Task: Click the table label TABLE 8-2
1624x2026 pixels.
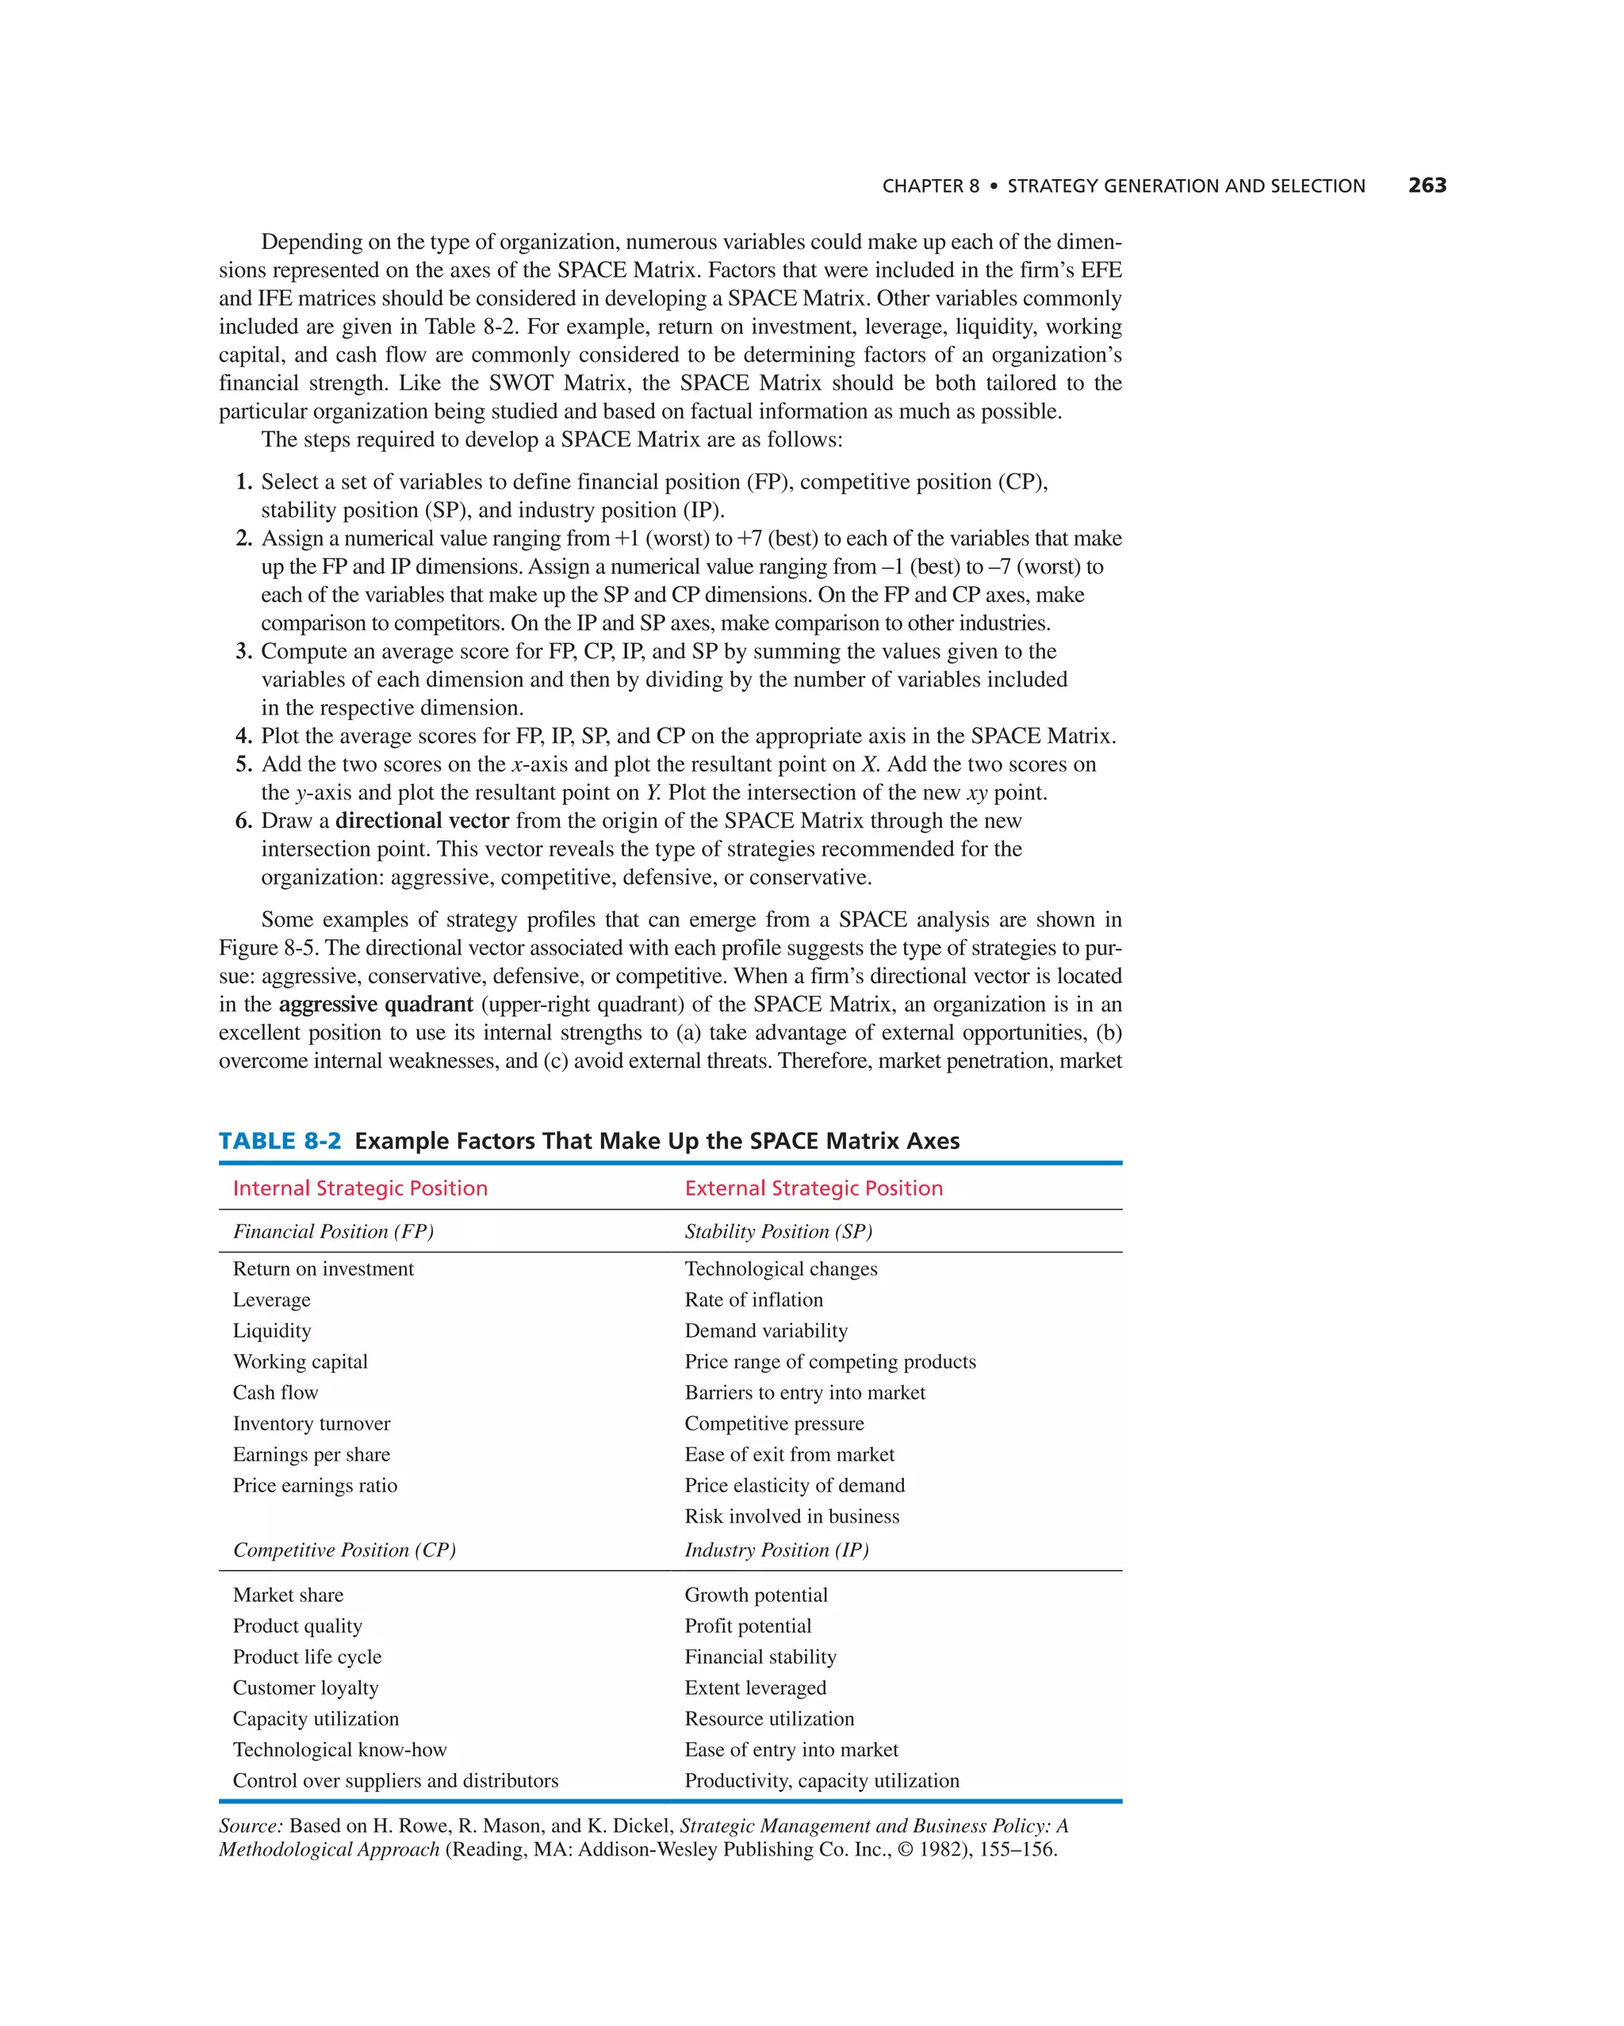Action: (x=279, y=1141)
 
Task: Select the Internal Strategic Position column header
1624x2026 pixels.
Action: (x=360, y=1188)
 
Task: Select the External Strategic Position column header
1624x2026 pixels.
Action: (x=813, y=1188)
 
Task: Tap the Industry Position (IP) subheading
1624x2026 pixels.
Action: (x=776, y=1549)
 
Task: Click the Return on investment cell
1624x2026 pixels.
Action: (x=324, y=1269)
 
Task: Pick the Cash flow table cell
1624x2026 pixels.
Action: (x=275, y=1392)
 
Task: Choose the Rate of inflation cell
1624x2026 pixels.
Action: (x=754, y=1300)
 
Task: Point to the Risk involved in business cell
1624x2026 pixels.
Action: (x=791, y=1516)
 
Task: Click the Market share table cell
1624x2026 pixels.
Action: (x=288, y=1595)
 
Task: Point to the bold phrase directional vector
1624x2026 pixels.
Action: (x=422, y=821)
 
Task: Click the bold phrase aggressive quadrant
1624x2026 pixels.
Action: (x=376, y=1004)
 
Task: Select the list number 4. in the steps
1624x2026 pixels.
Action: (x=243, y=736)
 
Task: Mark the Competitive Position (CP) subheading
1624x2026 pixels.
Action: (x=344, y=1549)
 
